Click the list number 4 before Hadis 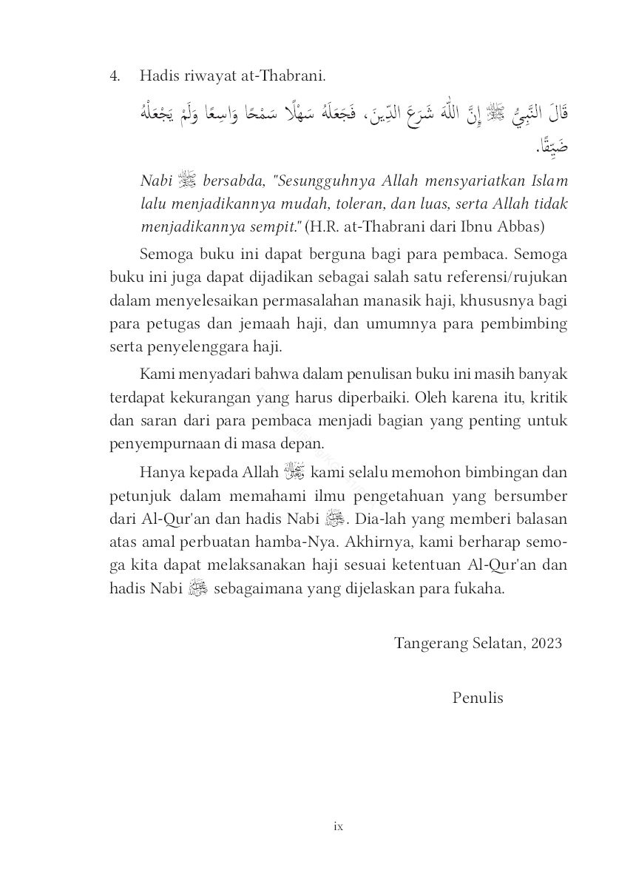click(x=115, y=76)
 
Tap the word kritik click(x=548, y=397)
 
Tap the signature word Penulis click(x=478, y=697)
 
